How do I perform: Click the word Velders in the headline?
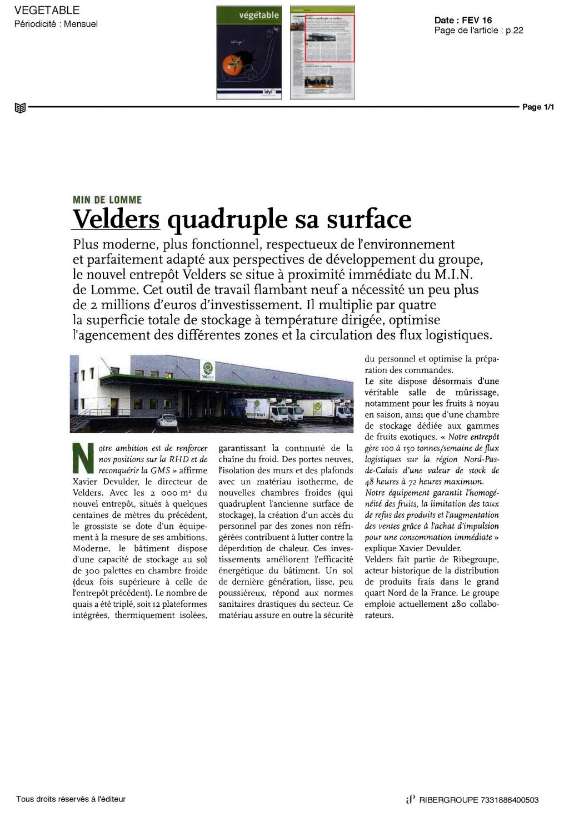pyautogui.click(x=116, y=219)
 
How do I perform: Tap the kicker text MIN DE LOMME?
pyautogui.click(x=107, y=200)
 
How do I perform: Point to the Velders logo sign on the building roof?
pyautogui.click(x=208, y=369)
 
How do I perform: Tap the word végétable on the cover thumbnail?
pyautogui.click(x=259, y=16)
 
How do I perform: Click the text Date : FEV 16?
pyautogui.click(x=463, y=21)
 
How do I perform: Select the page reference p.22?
pyautogui.click(x=514, y=30)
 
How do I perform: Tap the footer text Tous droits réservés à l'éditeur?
pyautogui.click(x=71, y=799)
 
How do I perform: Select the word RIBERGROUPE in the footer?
pyautogui.click(x=448, y=800)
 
